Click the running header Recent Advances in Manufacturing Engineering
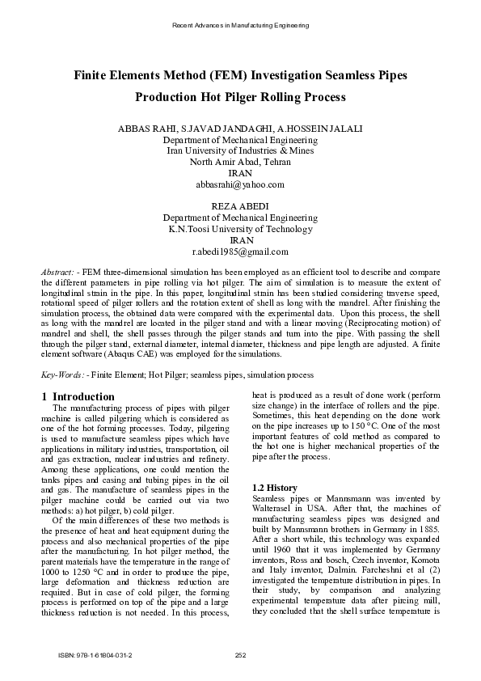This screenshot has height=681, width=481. [241, 26]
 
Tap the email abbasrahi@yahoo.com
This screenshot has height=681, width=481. [240, 184]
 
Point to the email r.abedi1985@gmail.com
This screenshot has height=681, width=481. [240, 252]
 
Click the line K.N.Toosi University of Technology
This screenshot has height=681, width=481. [240, 230]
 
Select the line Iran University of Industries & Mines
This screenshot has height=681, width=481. [240, 150]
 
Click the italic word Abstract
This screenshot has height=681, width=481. [57, 266]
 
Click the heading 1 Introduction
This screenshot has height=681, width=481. [78, 396]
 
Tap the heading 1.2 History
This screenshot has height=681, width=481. [275, 488]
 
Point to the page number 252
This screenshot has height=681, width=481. [240, 654]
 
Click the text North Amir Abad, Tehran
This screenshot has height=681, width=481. [240, 162]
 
